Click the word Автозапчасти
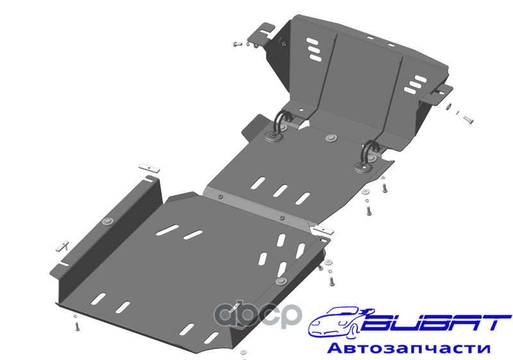coord(408,348)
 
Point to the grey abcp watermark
coord(257,316)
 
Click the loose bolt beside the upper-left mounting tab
coord(237,44)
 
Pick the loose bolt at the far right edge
coord(469,120)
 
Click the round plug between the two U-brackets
coord(332,138)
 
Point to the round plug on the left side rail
coord(108,221)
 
